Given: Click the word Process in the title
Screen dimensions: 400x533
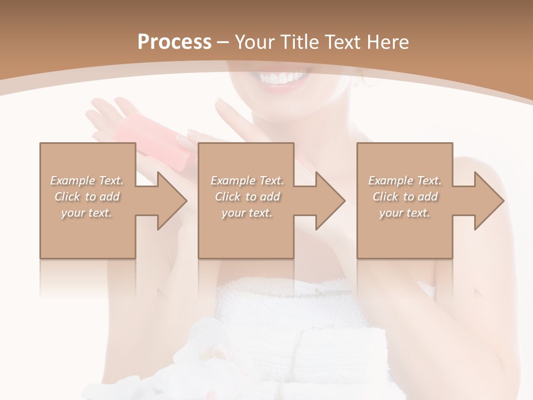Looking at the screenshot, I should pos(174,42).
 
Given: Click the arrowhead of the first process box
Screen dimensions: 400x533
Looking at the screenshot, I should pos(171,201).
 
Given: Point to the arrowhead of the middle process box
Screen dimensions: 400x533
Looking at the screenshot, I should pos(329,201).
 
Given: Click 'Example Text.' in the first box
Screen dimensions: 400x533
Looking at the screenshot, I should pos(87,181).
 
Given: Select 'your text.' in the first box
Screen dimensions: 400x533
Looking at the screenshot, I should pos(87,213).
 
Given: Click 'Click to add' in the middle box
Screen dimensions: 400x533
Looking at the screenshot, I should pos(247,197).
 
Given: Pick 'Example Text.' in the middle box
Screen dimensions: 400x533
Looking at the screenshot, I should pos(247,181).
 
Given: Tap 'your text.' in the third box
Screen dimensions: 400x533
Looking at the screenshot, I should pos(405,213).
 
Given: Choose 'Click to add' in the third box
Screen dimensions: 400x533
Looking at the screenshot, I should pos(405,197).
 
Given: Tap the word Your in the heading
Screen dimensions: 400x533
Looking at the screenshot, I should pos(253,42).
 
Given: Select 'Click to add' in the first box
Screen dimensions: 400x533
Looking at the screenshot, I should pos(87,197).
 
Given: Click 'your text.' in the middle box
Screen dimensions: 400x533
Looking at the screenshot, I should pos(247,213).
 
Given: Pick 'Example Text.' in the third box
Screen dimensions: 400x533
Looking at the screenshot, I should pos(405,181).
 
